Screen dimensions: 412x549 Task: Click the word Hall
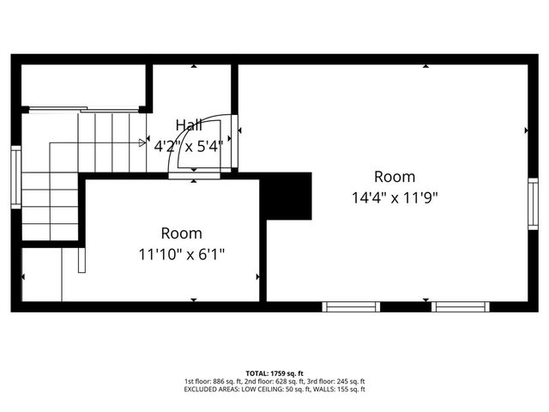[x=189, y=125]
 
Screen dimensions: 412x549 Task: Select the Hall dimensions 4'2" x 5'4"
[x=189, y=145]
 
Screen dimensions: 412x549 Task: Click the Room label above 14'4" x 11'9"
[x=395, y=177]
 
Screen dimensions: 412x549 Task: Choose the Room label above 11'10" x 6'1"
[x=182, y=233]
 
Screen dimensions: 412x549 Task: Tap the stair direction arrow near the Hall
[x=142, y=142]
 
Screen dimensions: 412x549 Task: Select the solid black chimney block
[x=287, y=196]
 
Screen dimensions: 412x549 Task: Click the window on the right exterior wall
[x=533, y=203]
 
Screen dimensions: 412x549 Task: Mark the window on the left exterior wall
[x=15, y=177]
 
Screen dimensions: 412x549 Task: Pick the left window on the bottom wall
[x=351, y=306]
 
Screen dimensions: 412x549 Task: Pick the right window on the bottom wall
[x=461, y=306]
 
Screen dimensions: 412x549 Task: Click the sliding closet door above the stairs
[x=84, y=109]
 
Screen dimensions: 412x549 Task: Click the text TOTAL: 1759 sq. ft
[x=274, y=373]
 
